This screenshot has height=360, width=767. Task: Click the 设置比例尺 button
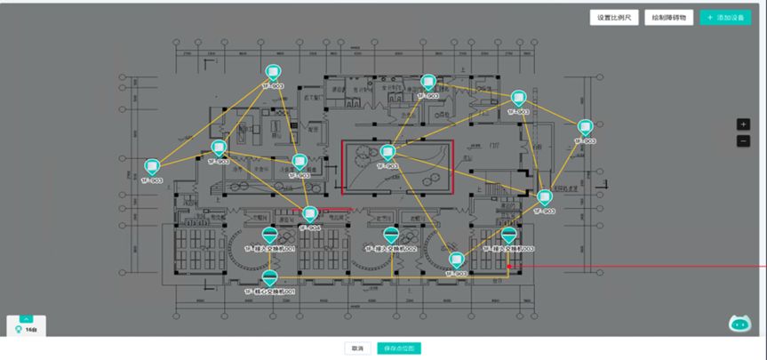(x=614, y=17)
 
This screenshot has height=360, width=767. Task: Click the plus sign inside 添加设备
(x=710, y=17)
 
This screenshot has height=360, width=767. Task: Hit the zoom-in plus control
(x=744, y=124)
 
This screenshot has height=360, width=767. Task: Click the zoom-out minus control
(x=744, y=141)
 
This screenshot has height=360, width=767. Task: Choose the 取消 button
(x=357, y=348)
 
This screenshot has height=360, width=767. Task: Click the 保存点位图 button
(x=398, y=348)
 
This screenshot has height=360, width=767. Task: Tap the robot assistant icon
(x=739, y=324)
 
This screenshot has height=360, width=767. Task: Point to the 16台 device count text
(x=31, y=330)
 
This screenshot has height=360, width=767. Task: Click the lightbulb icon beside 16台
(x=19, y=329)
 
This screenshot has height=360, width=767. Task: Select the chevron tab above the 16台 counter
(x=27, y=318)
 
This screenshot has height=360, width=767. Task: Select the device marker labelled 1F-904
(x=309, y=214)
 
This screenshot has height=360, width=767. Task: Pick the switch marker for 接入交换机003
(x=508, y=235)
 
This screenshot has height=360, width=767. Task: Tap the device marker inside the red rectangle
(x=387, y=153)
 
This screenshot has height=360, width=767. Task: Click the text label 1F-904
(x=309, y=228)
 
